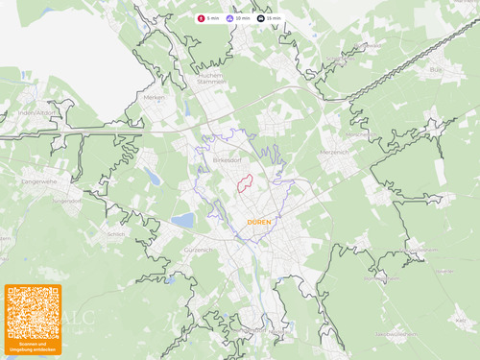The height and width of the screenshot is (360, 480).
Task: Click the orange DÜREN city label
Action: tap(259, 222)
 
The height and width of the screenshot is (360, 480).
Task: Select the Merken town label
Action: tap(154, 97)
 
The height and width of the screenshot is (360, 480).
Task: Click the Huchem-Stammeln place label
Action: tap(211, 79)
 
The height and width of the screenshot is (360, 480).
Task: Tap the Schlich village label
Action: tap(117, 233)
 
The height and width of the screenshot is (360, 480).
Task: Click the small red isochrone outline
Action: tap(245, 182)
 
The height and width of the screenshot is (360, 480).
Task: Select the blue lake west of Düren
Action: tap(181, 221)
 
